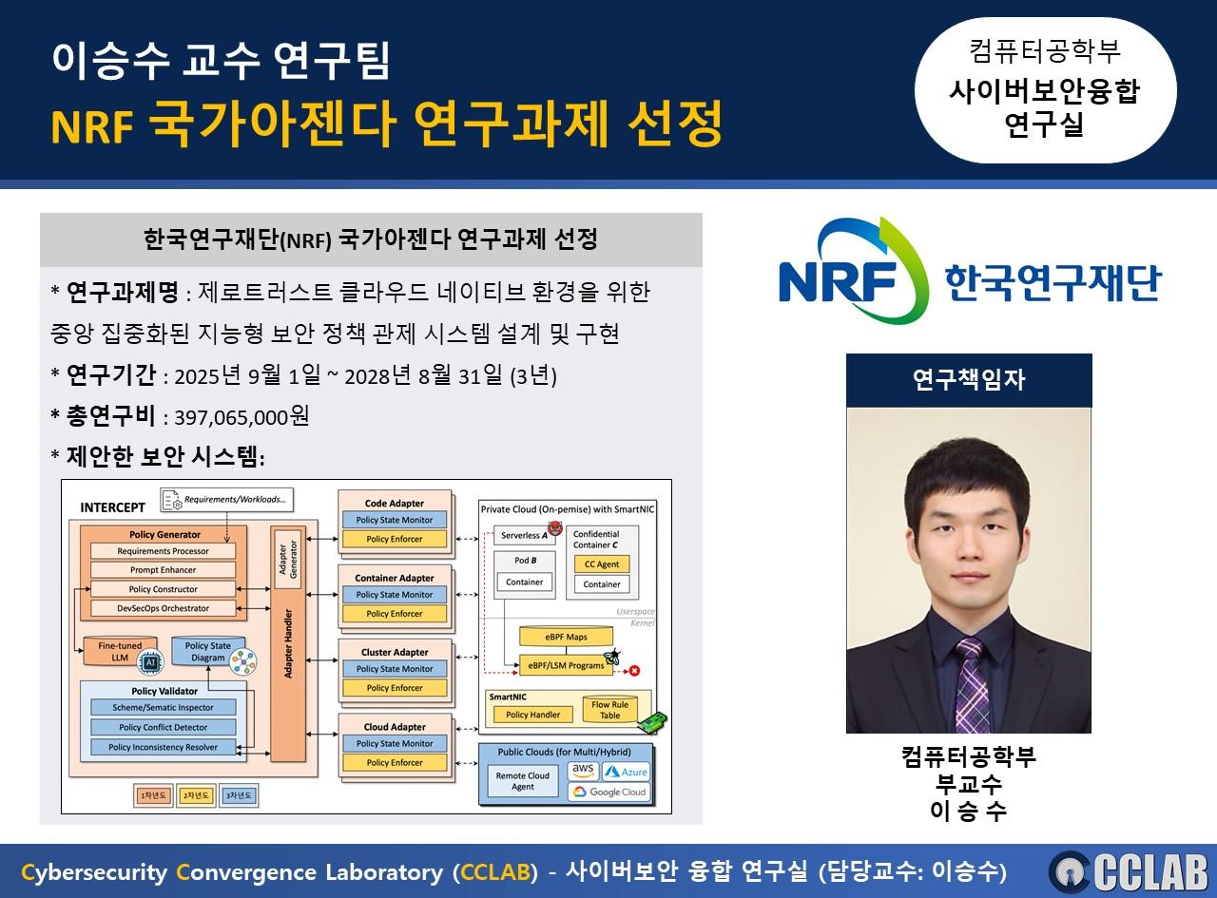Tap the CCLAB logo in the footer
[x=1129, y=871]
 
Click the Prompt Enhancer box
[x=164, y=570]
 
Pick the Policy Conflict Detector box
[x=163, y=728]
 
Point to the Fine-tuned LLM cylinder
[x=120, y=654]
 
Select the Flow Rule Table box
[x=609, y=711]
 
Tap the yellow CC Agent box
[x=601, y=564]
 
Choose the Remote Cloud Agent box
[x=522, y=781]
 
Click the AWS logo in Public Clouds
[x=582, y=771]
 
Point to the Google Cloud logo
[x=608, y=792]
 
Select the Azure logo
[x=625, y=772]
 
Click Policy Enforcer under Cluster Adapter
[x=394, y=688]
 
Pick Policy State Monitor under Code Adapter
[x=394, y=521]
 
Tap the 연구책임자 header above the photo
[x=968, y=380]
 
